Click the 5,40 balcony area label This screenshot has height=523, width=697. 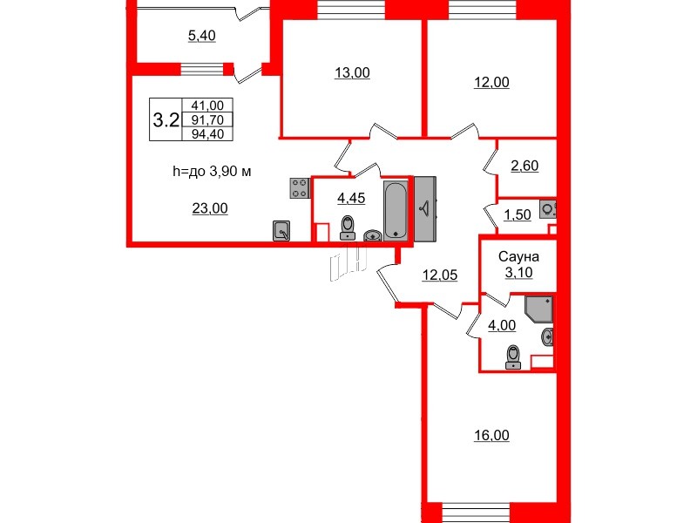coord(202,36)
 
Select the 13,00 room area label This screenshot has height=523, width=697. coord(352,73)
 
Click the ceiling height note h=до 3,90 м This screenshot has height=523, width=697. coord(212,172)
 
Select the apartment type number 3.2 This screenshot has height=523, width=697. coord(166,119)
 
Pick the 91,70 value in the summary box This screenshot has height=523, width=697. coord(206,119)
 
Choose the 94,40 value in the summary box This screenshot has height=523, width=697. coord(206,133)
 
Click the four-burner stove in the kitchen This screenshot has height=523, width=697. coord(300,188)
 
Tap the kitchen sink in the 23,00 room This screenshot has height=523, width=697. coord(281,230)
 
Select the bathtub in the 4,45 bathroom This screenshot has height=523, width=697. coord(396,209)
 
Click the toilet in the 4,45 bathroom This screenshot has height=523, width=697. coord(348,227)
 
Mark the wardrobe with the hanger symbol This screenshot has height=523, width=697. coord(425,208)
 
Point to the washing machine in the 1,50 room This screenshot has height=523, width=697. coord(549,209)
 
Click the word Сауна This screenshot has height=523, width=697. coord(519,257)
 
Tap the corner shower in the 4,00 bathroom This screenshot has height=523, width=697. coord(538,310)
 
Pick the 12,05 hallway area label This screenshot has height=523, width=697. coord(440,275)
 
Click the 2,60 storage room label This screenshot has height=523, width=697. coord(524,166)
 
